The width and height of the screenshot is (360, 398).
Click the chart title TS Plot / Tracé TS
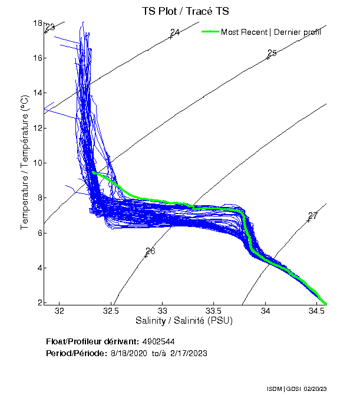186,11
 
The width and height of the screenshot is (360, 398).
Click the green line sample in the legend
210,32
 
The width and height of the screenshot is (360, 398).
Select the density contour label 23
50,27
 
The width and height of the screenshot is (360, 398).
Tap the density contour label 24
175,32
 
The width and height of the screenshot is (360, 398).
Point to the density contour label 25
272,53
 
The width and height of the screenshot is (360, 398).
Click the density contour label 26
150,251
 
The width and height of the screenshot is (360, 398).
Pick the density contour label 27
313,216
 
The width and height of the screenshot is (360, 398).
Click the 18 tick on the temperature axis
38,23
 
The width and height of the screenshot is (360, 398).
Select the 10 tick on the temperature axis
38,163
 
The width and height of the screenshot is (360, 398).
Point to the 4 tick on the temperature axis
39,268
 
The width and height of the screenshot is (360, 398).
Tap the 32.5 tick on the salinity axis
111,311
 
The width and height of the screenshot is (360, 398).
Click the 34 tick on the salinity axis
266,311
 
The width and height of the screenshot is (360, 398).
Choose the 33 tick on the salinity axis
163,311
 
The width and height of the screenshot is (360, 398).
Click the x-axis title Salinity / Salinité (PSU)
184,321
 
